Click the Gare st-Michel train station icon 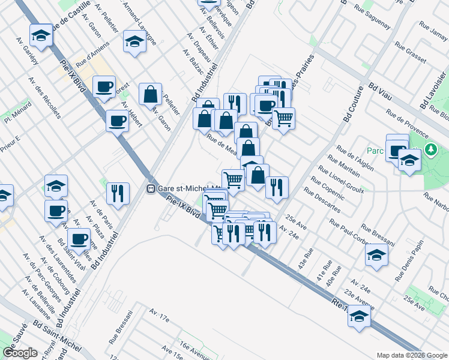point(152,188)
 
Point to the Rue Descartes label point(322,201)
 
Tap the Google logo point(20,353)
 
